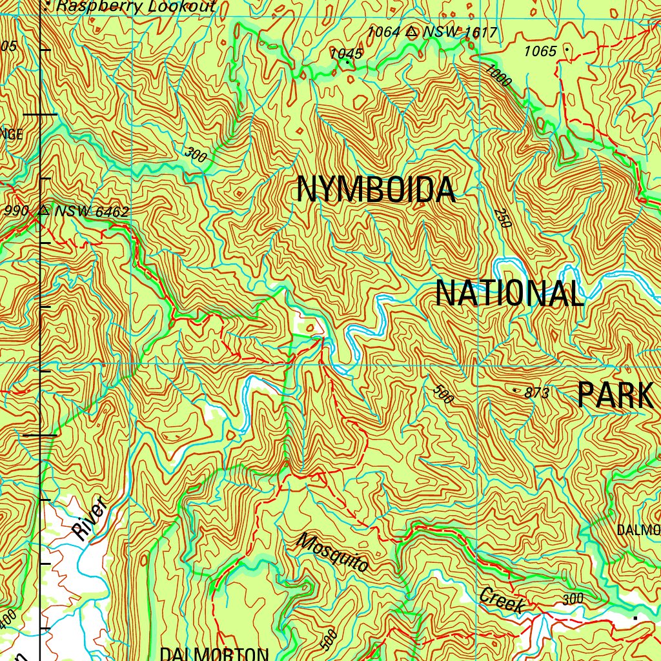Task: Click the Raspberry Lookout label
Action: pyautogui.click(x=136, y=7)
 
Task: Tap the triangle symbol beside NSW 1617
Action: pyautogui.click(x=412, y=31)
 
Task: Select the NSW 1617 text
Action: pyautogui.click(x=460, y=32)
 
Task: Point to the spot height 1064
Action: pyautogui.click(x=384, y=32)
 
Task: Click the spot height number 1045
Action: pyautogui.click(x=346, y=54)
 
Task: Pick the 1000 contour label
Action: pyautogui.click(x=499, y=76)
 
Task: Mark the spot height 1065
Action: pyautogui.click(x=540, y=52)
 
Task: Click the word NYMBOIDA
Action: pyautogui.click(x=376, y=190)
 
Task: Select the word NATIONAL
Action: pyautogui.click(x=510, y=294)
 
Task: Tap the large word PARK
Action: pyautogui.click(x=615, y=395)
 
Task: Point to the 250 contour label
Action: pyautogui.click(x=503, y=218)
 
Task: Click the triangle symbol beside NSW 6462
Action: pyautogui.click(x=44, y=210)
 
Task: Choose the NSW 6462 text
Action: pyautogui.click(x=92, y=212)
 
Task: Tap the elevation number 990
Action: pyautogui.click(x=16, y=211)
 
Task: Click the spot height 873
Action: pyautogui.click(x=537, y=392)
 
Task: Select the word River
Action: pyautogui.click(x=89, y=519)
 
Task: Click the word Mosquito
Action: pyautogui.click(x=333, y=553)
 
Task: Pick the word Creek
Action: pyautogui.click(x=502, y=600)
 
